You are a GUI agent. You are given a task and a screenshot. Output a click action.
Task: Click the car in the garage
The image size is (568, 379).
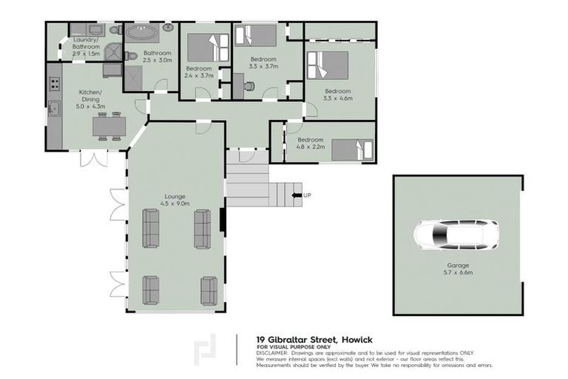456,236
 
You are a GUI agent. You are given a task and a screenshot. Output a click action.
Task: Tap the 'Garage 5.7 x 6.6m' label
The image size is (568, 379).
458,268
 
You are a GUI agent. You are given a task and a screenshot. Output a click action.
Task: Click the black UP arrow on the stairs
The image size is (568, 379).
297,195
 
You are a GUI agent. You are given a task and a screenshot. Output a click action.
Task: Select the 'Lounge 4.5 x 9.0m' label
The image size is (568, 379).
177,199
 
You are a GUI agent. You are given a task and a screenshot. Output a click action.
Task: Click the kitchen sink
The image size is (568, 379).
53,108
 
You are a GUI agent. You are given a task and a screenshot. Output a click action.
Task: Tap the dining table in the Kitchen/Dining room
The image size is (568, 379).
109,127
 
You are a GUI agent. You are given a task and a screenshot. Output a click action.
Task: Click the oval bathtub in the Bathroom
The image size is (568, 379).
140,33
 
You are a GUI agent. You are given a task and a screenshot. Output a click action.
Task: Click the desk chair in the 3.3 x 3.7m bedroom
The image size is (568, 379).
249,86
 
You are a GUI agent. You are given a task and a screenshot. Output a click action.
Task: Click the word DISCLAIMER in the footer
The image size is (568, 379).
274,354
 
